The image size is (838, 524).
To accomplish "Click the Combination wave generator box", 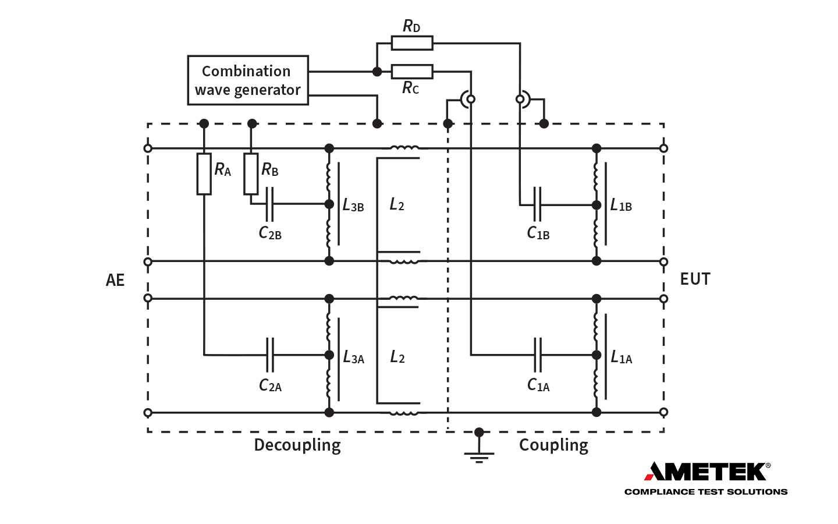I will pos(247,80).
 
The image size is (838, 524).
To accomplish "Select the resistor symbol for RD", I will pos(411,43).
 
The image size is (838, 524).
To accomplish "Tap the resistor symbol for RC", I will pos(411,72).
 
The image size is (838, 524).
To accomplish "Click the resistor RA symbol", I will pos(204,174).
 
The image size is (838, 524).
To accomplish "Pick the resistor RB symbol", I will pos(251,174).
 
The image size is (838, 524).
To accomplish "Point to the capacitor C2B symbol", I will pos(269,204).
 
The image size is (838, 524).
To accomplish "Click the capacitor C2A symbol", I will pos(269,355).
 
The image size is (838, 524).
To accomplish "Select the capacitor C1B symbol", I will pos(537,205).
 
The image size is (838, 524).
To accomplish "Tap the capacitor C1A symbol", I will pos(538,355).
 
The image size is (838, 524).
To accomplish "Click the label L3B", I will pos(353,206).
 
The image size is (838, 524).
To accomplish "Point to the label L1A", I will pos(622,357).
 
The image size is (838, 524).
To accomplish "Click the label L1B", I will pos(621,206).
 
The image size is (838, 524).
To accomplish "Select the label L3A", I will pos(353,357).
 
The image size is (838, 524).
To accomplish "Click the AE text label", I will pos(115,280).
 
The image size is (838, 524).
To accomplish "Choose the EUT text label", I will pos(695,279).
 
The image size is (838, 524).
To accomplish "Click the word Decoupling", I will pos(297,445).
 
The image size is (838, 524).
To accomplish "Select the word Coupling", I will pos(553,445).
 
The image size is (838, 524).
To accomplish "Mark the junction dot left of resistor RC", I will pos(377,72).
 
